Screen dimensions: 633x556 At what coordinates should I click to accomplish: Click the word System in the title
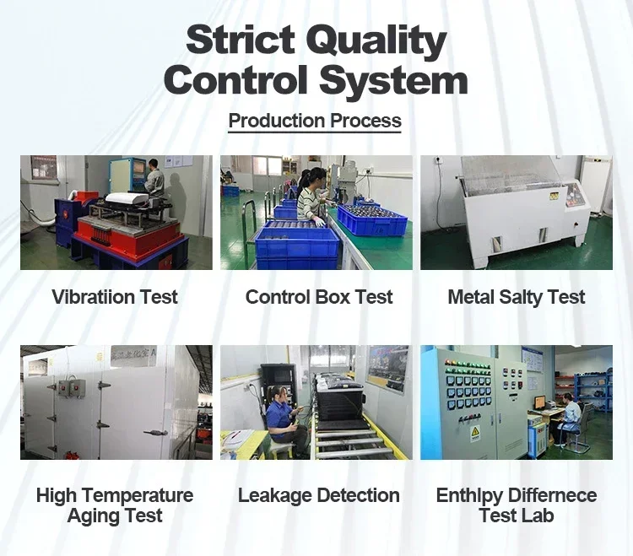pos(393,81)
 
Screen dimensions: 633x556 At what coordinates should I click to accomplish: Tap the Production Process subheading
pos(315,121)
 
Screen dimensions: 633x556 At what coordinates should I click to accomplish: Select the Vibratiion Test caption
pos(115,297)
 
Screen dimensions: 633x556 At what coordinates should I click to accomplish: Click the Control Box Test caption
pos(319,297)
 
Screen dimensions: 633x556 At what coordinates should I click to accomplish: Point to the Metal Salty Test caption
pos(517,297)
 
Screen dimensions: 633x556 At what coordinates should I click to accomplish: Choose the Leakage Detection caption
pos(319,495)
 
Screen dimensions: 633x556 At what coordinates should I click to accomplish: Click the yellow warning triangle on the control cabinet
pos(475,431)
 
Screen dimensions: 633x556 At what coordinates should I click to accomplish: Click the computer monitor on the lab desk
pos(540,402)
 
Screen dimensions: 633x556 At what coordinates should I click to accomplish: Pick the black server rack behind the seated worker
pos(279,385)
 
